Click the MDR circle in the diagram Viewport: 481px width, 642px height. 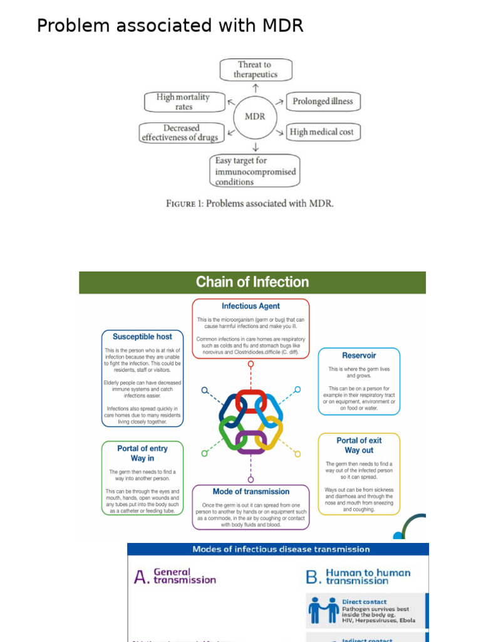pos(255,116)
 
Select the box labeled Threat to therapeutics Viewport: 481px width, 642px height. pos(256,70)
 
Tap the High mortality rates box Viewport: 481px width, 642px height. pos(183,102)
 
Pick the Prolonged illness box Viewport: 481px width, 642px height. pos(323,102)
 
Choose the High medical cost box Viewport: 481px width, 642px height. pos(322,132)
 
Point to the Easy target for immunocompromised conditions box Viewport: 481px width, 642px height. pos(254,171)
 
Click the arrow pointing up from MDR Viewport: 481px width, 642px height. pos(256,87)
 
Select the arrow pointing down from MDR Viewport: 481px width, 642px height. pos(255,147)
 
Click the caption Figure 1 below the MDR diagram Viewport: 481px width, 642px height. pos(250,203)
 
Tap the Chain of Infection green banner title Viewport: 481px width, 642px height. pos(252,282)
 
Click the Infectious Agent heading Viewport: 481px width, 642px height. pos(251,307)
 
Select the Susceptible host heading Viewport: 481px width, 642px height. pos(143,337)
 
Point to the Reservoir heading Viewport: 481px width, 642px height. pos(359,355)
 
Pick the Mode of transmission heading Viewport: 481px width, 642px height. pos(251,492)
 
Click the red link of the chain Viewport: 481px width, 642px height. pos(251,401)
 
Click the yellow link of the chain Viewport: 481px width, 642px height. pos(270,433)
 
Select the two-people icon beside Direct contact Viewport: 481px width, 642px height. pos(324,611)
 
